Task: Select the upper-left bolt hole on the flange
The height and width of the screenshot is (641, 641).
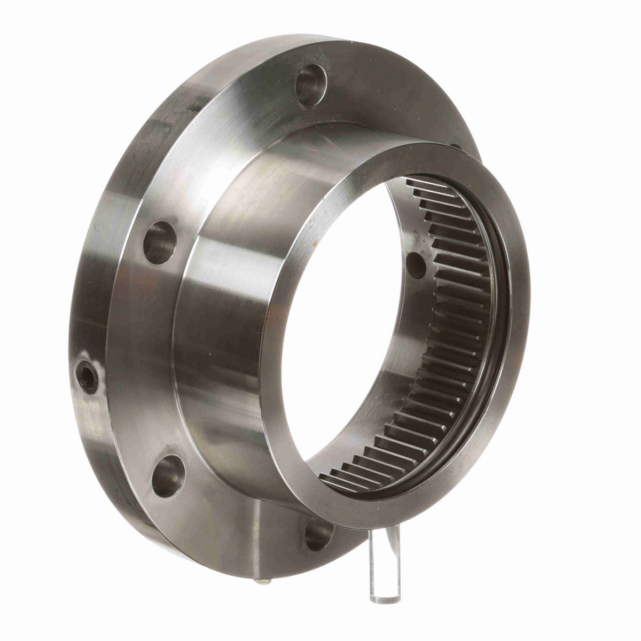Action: point(160,243)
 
